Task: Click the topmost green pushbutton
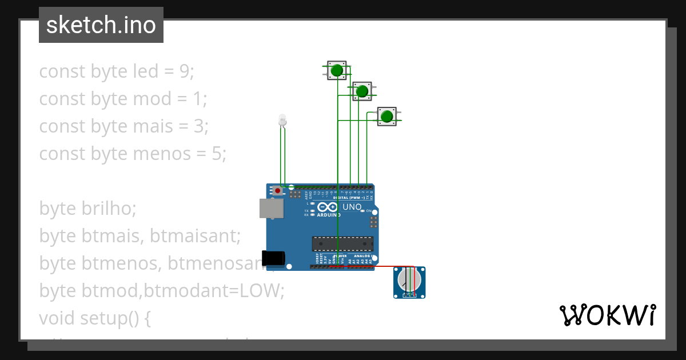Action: (337, 70)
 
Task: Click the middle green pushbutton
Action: (361, 91)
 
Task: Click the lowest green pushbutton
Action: (387, 117)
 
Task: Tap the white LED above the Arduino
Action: (281, 120)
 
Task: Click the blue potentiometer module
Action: (409, 282)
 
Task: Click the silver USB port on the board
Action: (272, 209)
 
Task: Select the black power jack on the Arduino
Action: (273, 258)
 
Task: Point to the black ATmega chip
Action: (342, 243)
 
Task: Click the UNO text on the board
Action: (352, 206)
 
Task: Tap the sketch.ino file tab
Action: (101, 25)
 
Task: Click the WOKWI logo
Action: (607, 315)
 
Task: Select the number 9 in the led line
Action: (184, 71)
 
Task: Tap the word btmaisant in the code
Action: (196, 236)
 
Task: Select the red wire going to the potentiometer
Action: (377, 266)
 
